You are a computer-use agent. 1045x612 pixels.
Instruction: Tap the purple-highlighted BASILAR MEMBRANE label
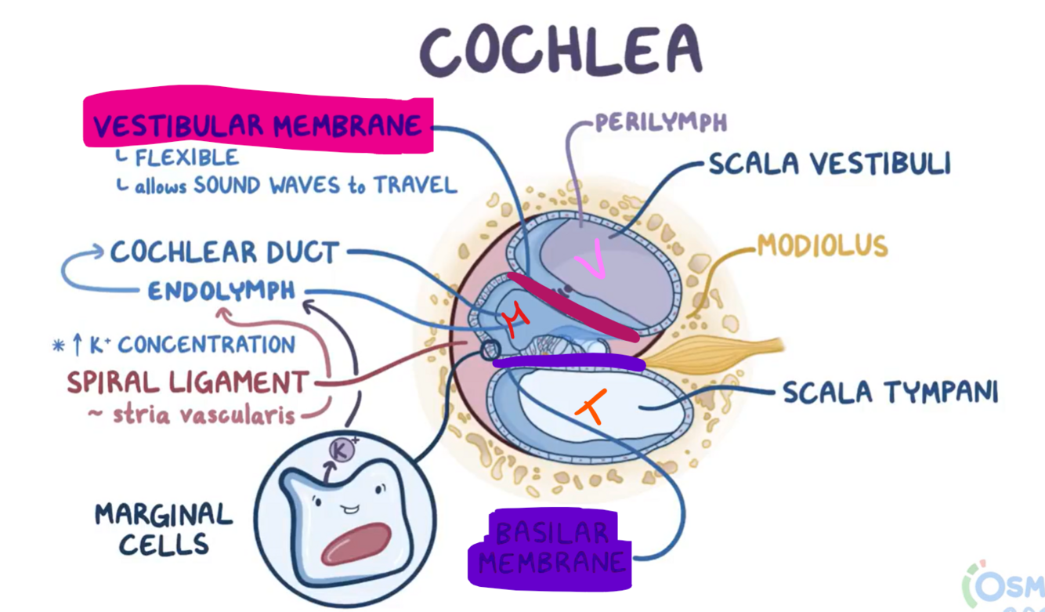tap(552, 549)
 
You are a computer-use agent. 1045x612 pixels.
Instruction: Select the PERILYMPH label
tap(660, 122)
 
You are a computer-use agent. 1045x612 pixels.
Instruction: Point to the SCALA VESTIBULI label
tap(829, 165)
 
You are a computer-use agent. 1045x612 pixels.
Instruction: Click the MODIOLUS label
tap(822, 246)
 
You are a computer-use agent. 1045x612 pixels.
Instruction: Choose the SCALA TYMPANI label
tap(891, 392)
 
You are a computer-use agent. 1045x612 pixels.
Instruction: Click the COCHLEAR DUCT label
tap(224, 252)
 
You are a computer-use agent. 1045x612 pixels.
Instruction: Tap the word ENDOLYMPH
tap(222, 292)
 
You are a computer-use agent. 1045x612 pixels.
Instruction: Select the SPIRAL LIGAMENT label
tap(188, 382)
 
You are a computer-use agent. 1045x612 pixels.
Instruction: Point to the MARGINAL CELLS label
tap(164, 529)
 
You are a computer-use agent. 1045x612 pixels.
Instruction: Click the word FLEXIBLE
tap(186, 158)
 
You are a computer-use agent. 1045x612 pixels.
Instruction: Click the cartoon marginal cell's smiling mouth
tap(349, 509)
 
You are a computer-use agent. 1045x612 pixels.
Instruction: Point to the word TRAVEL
tap(414, 186)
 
